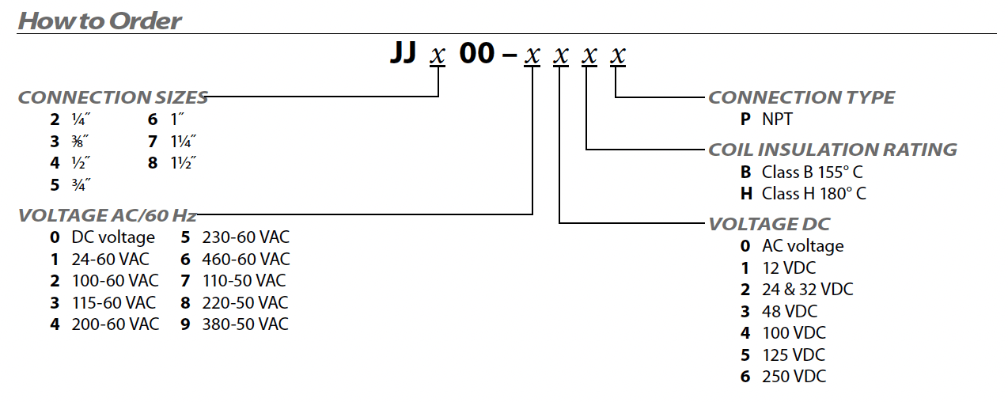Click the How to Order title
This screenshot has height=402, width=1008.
point(100,21)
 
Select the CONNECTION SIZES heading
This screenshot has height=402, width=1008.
point(113,97)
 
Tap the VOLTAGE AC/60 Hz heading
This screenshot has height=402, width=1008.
point(108,215)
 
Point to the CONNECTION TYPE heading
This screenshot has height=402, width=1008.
point(801,97)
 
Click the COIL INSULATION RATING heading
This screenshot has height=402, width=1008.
point(832,150)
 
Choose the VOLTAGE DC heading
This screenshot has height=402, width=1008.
point(769,224)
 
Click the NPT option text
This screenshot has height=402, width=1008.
point(777,119)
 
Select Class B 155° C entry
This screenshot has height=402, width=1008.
point(813,172)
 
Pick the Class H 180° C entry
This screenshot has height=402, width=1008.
point(813,194)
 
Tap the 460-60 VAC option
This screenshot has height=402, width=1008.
point(246,259)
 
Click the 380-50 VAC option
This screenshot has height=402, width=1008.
point(245,324)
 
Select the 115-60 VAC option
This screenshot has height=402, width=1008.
point(114,302)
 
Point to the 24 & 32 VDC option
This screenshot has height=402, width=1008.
point(807,289)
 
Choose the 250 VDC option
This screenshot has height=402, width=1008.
point(794,377)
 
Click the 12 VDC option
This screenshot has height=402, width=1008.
point(789,267)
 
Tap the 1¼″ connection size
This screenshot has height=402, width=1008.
point(183,142)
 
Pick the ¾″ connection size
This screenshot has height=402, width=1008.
point(81,184)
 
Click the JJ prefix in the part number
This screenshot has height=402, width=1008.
point(404,53)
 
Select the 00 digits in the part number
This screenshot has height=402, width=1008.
point(477,53)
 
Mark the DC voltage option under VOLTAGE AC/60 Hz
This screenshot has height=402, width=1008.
point(113,237)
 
